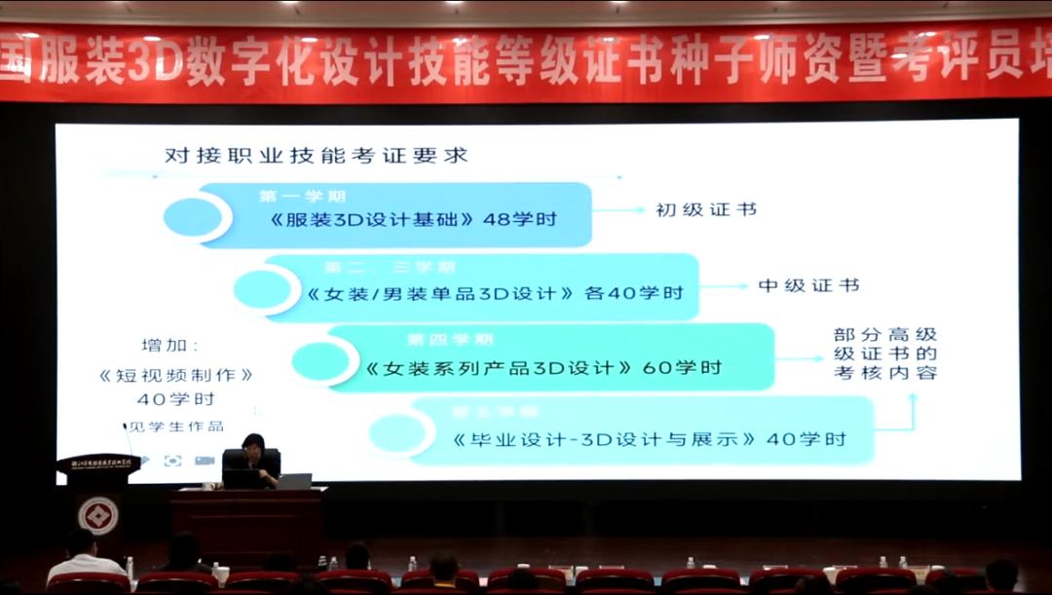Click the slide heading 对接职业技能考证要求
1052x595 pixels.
click(x=317, y=155)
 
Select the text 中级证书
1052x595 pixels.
click(x=808, y=285)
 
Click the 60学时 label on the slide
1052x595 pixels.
click(x=682, y=368)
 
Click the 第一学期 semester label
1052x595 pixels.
click(x=302, y=196)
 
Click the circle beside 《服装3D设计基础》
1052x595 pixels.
click(x=195, y=217)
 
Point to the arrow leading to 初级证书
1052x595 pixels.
click(x=618, y=209)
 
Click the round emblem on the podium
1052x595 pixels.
click(x=98, y=514)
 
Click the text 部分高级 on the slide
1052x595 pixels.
click(x=885, y=336)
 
